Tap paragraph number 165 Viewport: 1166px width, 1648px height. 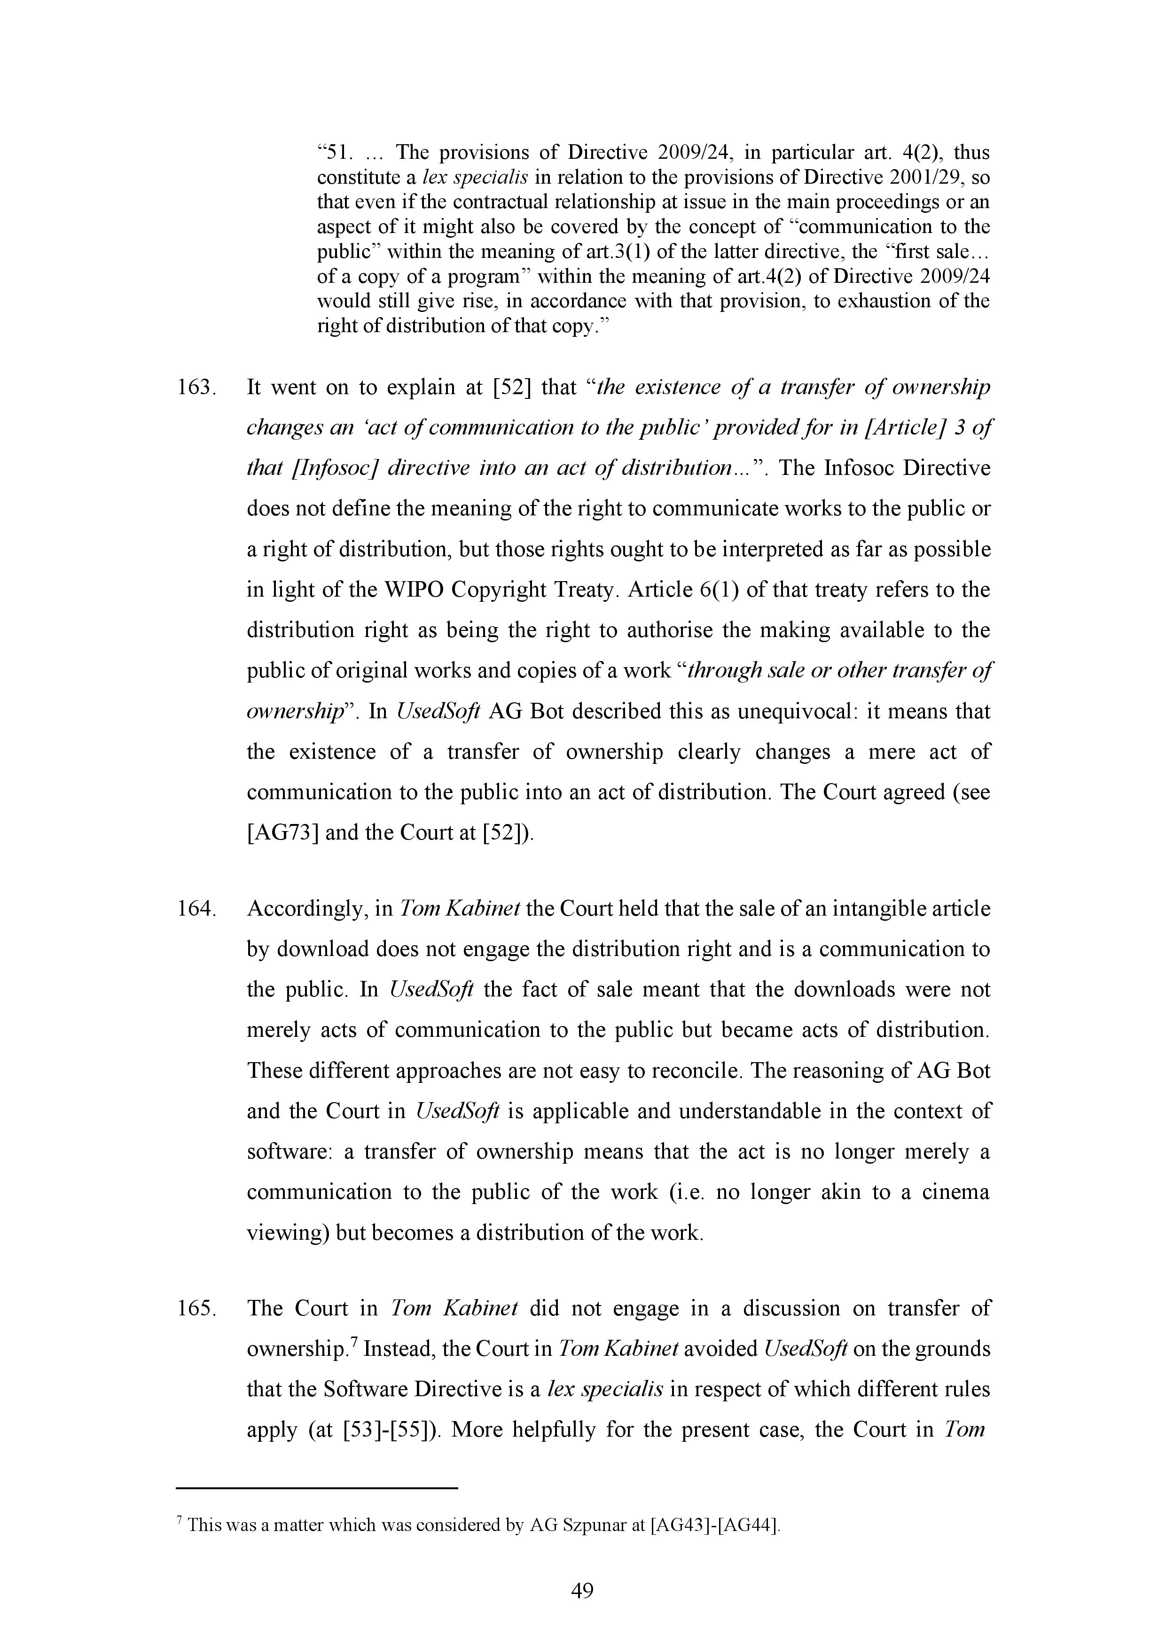click(197, 1308)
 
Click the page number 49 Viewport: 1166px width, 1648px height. click(582, 1591)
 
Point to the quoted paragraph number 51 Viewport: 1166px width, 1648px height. click(336, 153)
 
